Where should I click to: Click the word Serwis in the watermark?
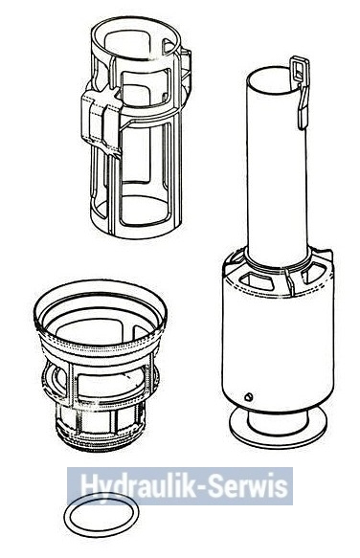[x=247, y=485]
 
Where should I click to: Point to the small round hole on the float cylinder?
[x=249, y=396]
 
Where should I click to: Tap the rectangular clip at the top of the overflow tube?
[x=299, y=70]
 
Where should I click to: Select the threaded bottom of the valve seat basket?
[x=101, y=437]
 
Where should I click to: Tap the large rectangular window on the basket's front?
[x=111, y=383]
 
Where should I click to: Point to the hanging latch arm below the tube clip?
[x=303, y=107]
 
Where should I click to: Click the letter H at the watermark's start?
[x=89, y=485]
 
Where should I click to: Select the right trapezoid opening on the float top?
[x=313, y=272]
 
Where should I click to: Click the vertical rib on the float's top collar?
[x=289, y=281]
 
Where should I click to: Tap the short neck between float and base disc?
[x=278, y=419]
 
